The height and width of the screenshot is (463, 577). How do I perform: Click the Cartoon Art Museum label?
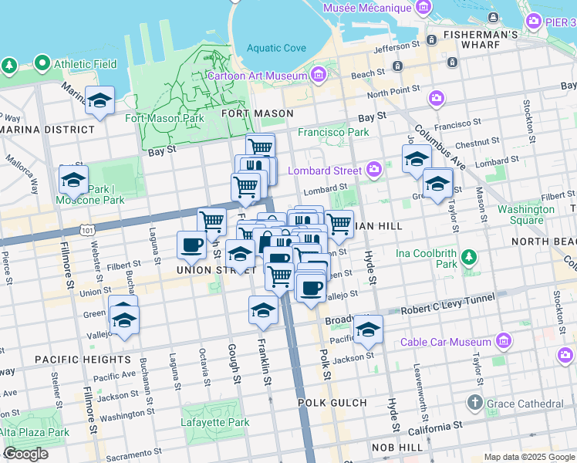257,76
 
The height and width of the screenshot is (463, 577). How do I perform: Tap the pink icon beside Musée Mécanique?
423,8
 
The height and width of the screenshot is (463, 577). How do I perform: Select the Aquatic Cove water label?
276,48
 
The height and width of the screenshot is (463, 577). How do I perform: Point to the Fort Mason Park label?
164,118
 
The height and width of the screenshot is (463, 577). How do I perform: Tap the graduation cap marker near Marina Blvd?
100,101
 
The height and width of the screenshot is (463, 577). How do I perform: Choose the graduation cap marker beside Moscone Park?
73,181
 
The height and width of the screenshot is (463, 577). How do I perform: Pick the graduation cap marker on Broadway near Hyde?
368,330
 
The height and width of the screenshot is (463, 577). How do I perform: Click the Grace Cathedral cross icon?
474,403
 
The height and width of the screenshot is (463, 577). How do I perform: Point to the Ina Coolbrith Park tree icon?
467,256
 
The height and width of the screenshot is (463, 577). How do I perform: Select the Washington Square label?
525,215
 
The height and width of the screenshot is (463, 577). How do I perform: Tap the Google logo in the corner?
25,454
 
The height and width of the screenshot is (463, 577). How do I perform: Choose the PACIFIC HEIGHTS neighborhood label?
82,360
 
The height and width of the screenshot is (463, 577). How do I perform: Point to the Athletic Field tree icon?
9,66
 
